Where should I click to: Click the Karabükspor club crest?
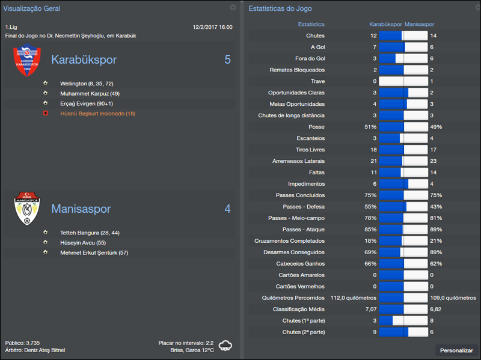pyautogui.click(x=26, y=61)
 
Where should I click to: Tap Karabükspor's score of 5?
pyautogui.click(x=227, y=59)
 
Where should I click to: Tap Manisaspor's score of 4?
pyautogui.click(x=227, y=209)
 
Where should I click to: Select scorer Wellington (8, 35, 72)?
pyautogui.click(x=87, y=84)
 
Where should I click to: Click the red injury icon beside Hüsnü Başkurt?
pyautogui.click(x=45, y=114)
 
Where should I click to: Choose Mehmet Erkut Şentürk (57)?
pyautogui.click(x=94, y=253)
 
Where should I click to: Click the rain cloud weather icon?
pyautogui.click(x=226, y=346)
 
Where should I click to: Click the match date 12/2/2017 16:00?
pyautogui.click(x=212, y=27)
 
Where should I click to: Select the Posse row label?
pyautogui.click(x=316, y=127)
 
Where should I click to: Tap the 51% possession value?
pyautogui.click(x=370, y=127)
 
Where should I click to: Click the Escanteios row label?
pyautogui.click(x=310, y=138)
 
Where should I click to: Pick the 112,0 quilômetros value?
pyautogui.click(x=354, y=297)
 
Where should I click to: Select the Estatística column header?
pyautogui.click(x=311, y=25)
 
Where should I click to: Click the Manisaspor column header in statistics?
pyautogui.click(x=420, y=25)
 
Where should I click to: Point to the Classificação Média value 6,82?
pyautogui.click(x=436, y=309)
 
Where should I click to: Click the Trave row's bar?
pyautogui.click(x=403, y=81)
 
